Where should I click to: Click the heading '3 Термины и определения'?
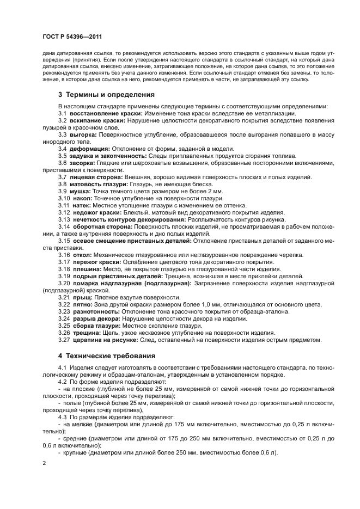click(106, 94)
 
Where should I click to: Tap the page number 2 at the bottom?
click(44, 463)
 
